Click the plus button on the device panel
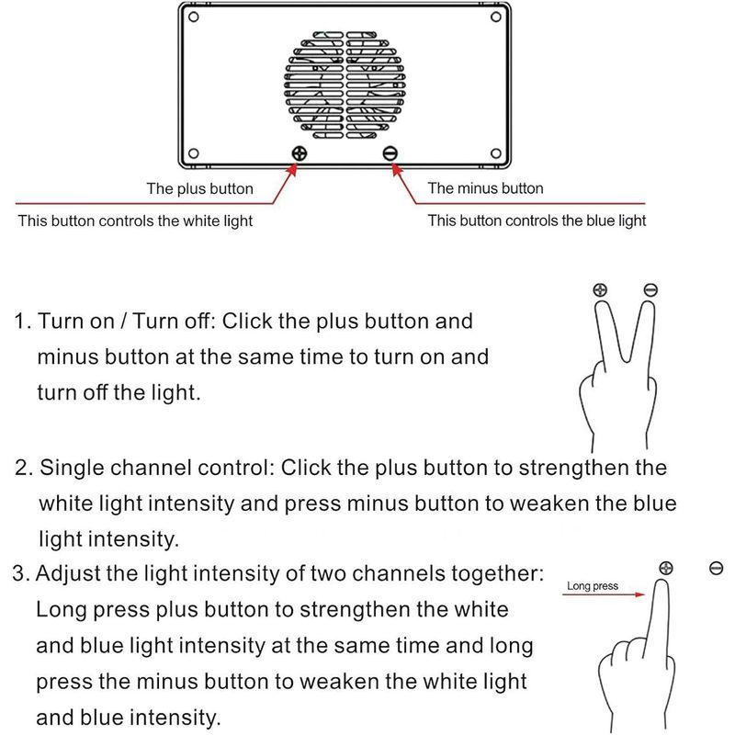pyautogui.click(x=300, y=153)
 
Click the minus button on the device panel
pyautogui.click(x=390, y=153)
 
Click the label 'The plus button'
pyautogui.click(x=199, y=188)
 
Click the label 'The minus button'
pyautogui.click(x=485, y=188)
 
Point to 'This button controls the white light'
pyautogui.click(x=136, y=220)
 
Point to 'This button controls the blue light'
pyautogui.click(x=537, y=220)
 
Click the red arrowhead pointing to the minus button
pyautogui.click(x=396, y=167)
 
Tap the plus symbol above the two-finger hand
pyautogui.click(x=601, y=290)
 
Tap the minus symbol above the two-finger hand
pyautogui.click(x=650, y=290)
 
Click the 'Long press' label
pyautogui.click(x=593, y=585)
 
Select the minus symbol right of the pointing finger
pyautogui.click(x=717, y=568)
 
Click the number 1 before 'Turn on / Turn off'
pyautogui.click(x=20, y=322)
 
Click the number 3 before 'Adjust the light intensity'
pyautogui.click(x=20, y=575)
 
